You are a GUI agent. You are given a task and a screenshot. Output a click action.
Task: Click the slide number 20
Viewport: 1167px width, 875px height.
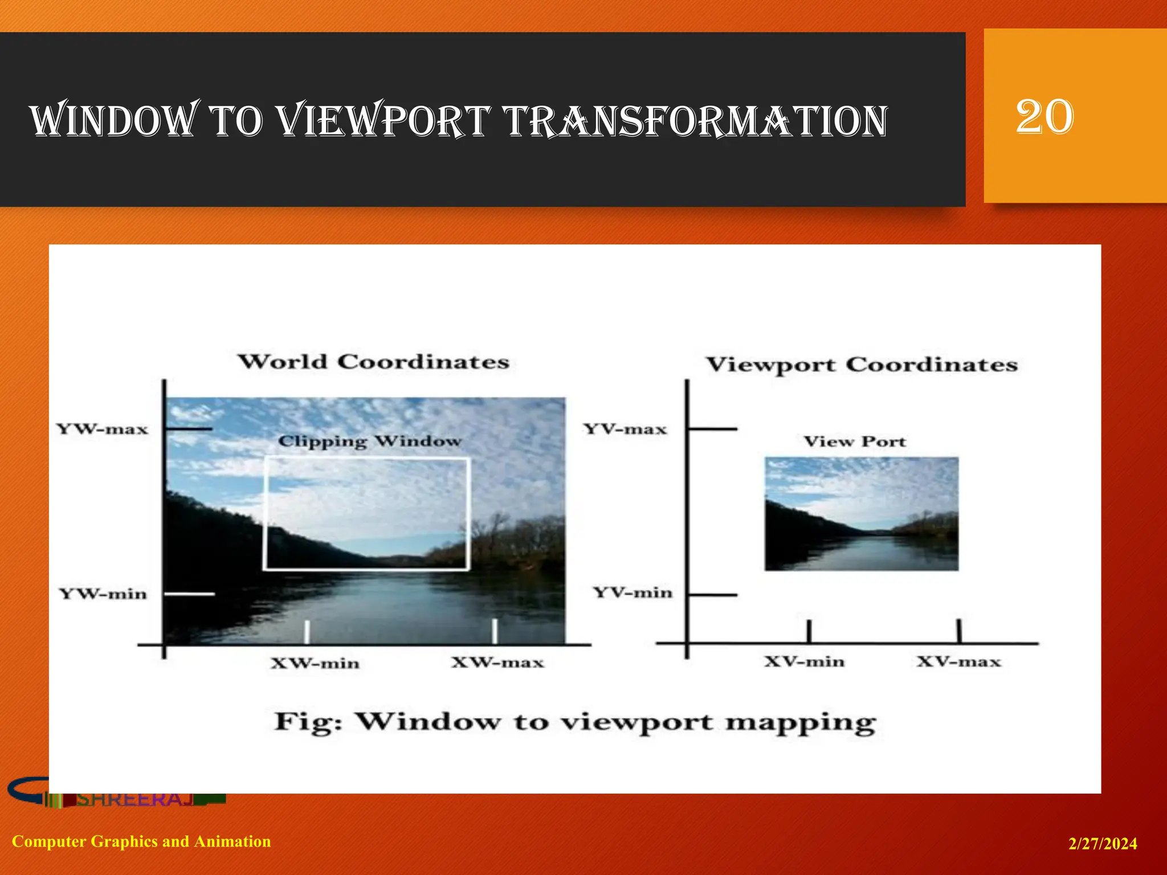coord(1044,117)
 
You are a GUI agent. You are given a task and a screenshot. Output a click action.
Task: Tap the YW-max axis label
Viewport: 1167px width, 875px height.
coord(102,429)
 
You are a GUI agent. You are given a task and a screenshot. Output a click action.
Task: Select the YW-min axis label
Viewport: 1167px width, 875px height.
coord(103,594)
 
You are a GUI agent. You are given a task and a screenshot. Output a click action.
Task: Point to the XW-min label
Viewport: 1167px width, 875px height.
coord(315,664)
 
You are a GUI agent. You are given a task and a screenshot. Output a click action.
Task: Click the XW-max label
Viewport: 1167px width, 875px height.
coord(497,663)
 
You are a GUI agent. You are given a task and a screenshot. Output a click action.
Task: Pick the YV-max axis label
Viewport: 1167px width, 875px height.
coord(625,429)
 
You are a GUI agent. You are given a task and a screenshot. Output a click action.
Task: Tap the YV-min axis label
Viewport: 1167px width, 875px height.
coord(633,593)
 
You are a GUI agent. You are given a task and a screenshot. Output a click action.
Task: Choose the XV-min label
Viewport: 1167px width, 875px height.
coord(804,662)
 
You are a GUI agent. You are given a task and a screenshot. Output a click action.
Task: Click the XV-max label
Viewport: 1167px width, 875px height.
coord(958,662)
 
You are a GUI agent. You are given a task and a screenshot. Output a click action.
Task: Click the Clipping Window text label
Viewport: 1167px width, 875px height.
coord(369,441)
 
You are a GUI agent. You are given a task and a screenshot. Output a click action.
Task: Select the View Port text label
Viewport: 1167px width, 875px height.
coord(854,441)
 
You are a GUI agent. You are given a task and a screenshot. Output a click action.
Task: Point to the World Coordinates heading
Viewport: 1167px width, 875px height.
coord(373,362)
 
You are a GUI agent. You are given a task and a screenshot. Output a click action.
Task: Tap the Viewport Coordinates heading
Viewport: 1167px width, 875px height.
coord(862,365)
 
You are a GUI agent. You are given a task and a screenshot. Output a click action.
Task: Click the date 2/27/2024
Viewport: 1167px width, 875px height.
coord(1102,844)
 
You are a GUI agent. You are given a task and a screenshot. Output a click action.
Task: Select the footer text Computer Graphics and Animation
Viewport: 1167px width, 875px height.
coord(141,841)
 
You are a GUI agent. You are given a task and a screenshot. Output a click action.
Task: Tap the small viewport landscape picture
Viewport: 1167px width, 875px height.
coord(861,514)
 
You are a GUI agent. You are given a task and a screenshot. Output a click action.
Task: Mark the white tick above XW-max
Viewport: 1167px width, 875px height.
coord(495,631)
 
